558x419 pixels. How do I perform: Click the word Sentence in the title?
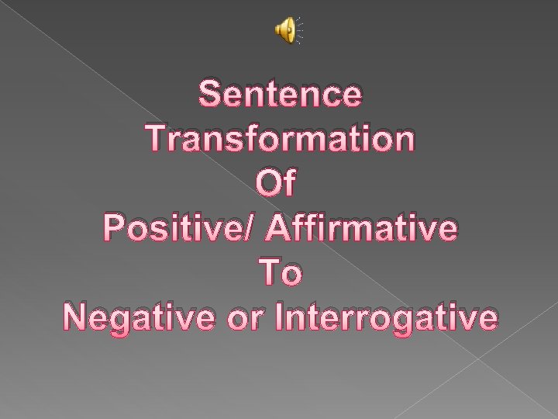[279, 95]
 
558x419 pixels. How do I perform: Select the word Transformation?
[279, 140]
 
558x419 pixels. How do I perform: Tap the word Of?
[279, 184]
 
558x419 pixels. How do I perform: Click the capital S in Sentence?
[212, 95]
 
